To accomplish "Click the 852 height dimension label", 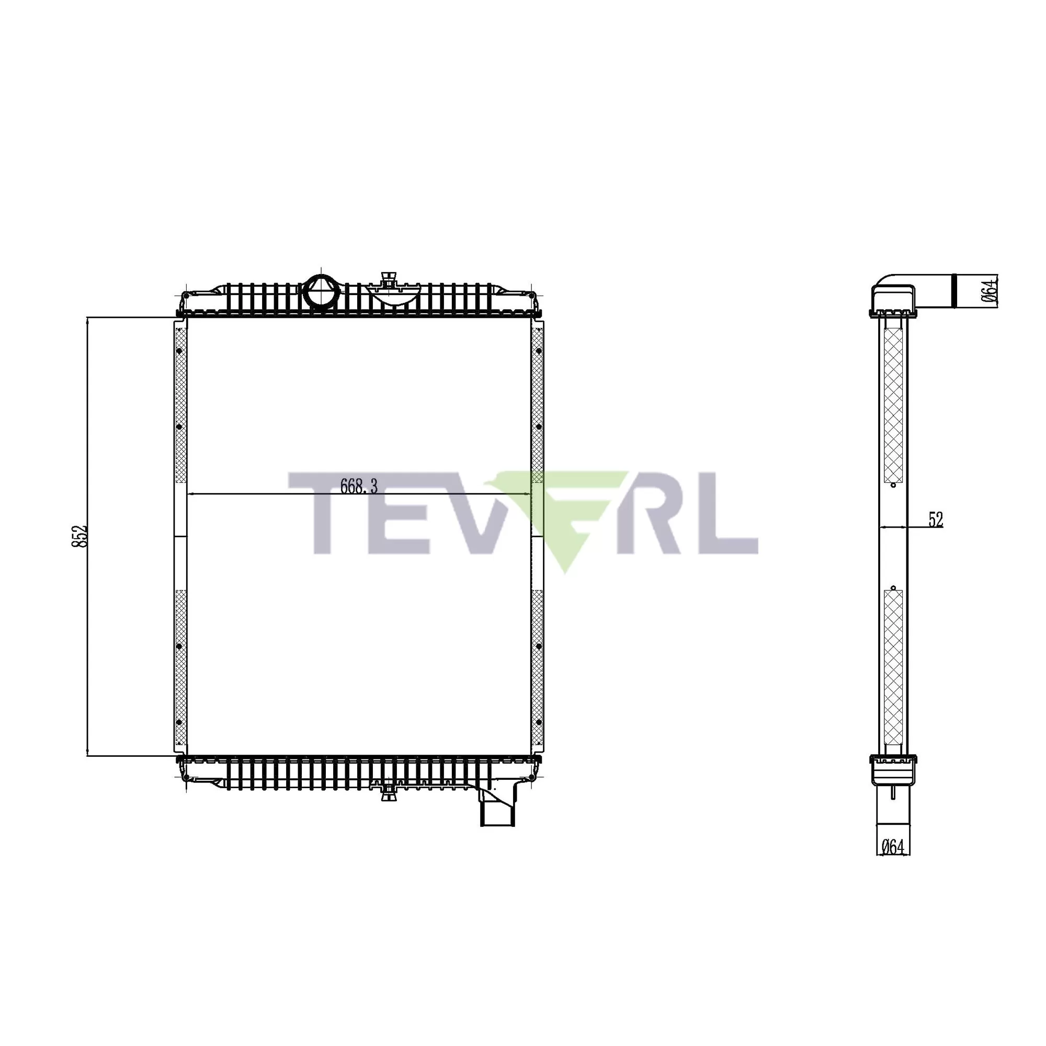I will (x=79, y=536).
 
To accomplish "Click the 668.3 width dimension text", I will (x=358, y=486).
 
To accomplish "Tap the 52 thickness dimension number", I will (x=936, y=520).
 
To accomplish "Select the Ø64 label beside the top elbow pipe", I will (x=988, y=291).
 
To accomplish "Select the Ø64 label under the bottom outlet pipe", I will (x=893, y=862).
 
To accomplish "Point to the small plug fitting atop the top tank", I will (x=388, y=280).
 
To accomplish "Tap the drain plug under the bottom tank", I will (x=388, y=795).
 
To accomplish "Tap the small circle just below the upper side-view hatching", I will (x=893, y=485).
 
